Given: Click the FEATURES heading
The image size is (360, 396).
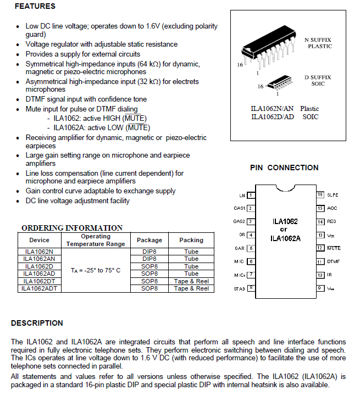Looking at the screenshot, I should tap(34, 7).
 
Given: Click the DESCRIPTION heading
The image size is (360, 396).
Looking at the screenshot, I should tap(37, 323).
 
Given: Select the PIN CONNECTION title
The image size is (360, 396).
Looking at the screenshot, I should tap(284, 168).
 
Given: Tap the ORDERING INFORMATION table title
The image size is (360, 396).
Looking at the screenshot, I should tap(72, 228).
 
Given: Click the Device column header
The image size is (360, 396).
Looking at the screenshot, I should tap(40, 240).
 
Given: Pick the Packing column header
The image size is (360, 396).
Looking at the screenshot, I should tap(191, 240).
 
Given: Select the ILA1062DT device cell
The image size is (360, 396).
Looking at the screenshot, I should tap(40, 281).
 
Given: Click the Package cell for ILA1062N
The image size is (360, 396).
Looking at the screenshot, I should tap(149, 252).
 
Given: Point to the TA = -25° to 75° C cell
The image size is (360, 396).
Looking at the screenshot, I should tap(96, 270).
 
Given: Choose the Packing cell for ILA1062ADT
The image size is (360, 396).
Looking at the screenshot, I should tap(191, 288).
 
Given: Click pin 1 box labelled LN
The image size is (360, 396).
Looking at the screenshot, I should tap(251, 195).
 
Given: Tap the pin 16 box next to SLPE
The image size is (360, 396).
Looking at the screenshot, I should tap(320, 195).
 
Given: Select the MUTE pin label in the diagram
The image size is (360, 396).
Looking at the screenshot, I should tap(334, 248).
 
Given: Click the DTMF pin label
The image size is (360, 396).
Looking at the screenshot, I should tap(333, 261).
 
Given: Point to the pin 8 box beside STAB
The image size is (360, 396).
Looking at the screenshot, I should tap(251, 287).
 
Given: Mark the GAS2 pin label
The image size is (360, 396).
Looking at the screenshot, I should tap(239, 221).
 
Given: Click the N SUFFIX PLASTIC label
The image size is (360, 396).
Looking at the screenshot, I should tap(319, 43).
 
